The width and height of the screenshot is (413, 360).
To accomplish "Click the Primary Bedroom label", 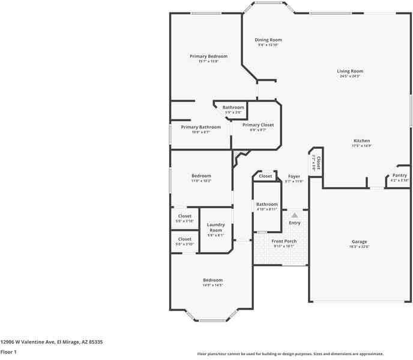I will pyautogui.click(x=208, y=56).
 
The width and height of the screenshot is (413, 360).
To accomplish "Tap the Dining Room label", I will pyautogui.click(x=268, y=40).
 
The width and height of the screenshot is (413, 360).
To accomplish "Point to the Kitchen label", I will pyautogui.click(x=361, y=141).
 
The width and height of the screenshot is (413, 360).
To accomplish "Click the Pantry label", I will pyautogui.click(x=399, y=175).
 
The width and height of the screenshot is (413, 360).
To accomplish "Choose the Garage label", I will pyautogui.click(x=359, y=242).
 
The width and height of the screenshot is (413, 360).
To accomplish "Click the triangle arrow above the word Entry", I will pyautogui.click(x=294, y=214).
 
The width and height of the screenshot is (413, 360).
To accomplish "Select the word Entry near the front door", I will pyautogui.click(x=294, y=223).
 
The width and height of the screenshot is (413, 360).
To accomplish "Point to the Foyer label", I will pyautogui.click(x=294, y=176).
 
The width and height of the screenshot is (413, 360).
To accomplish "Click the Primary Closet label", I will pyautogui.click(x=258, y=125).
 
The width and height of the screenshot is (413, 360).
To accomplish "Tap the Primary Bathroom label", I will pyautogui.click(x=200, y=127).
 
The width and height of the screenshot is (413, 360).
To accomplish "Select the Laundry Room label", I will pyautogui.click(x=216, y=227).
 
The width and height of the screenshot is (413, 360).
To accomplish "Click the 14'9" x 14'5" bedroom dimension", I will pyautogui.click(x=213, y=285).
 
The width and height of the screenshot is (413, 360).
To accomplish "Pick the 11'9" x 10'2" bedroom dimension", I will pyautogui.click(x=201, y=181).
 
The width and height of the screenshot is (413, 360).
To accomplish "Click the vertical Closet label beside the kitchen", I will pyautogui.click(x=318, y=162).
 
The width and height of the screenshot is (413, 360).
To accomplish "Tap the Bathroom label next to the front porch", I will pyautogui.click(x=267, y=205).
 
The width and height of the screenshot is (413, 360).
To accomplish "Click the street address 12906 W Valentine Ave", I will pyautogui.click(x=52, y=341).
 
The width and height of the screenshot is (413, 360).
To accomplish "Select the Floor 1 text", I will pyautogui.click(x=8, y=352).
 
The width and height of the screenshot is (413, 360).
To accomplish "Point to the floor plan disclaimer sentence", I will pyautogui.click(x=291, y=354).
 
